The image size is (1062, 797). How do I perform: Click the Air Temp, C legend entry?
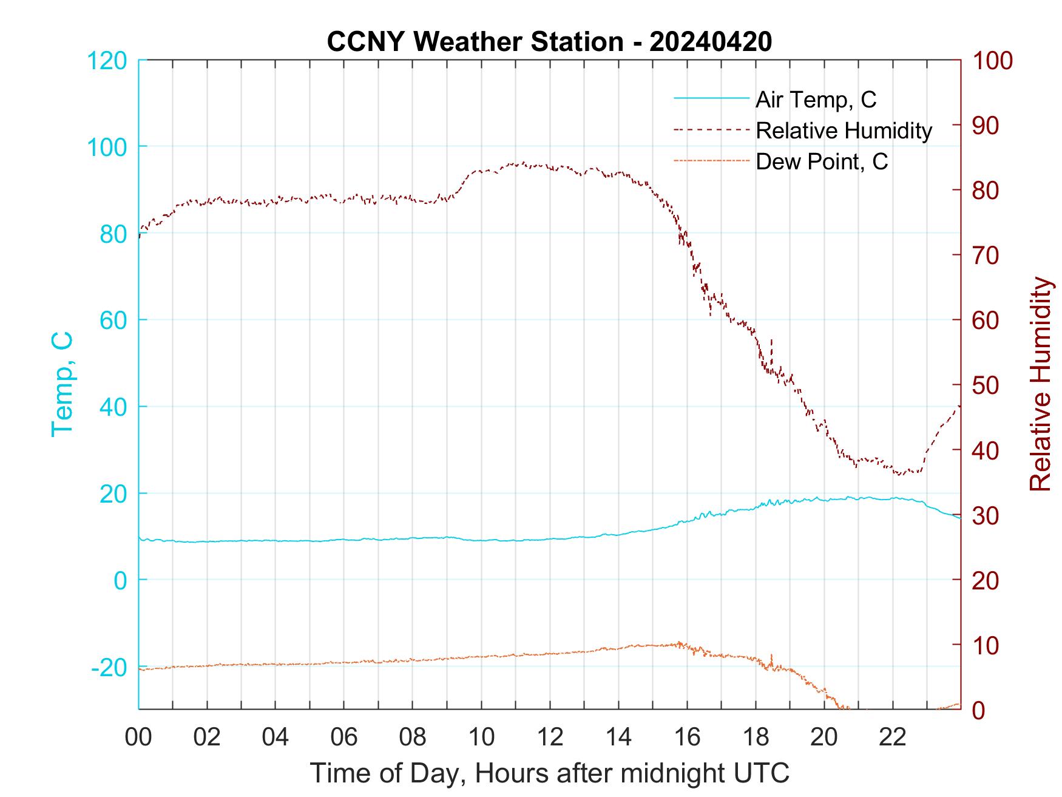tap(815, 100)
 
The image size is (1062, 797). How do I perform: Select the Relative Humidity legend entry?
tap(844, 131)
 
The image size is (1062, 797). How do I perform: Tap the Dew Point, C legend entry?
tap(821, 161)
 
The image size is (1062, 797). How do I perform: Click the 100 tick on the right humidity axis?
tap(992, 61)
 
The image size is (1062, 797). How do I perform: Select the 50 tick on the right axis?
tap(986, 385)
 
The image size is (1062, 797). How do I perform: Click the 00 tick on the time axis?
tap(138, 737)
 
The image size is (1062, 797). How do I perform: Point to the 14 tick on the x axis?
tap(618, 737)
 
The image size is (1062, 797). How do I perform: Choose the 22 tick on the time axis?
tap(893, 737)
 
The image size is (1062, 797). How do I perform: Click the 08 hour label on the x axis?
tap(413, 737)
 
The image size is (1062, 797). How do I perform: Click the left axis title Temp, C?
tap(62, 384)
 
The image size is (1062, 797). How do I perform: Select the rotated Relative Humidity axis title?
tap(1040, 384)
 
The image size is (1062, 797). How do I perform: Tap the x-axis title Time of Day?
tap(550, 773)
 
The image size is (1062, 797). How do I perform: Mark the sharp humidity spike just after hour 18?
tap(771, 342)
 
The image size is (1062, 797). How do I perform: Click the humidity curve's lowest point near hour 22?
tap(900, 474)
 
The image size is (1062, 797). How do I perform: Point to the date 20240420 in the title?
tap(711, 42)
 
